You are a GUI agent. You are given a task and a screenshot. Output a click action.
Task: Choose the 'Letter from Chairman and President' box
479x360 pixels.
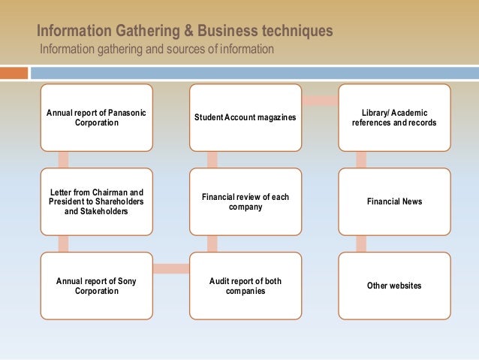(96, 201)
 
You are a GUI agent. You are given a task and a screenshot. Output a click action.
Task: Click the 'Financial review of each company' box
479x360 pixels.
(245, 201)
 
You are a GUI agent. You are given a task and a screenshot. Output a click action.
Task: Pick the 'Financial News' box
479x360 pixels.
(394, 201)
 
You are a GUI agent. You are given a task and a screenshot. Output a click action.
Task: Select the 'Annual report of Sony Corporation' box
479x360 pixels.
(96, 285)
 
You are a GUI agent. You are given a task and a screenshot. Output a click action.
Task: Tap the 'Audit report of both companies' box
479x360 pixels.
(245, 285)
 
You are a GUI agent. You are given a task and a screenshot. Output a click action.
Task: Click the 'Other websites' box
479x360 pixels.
(394, 285)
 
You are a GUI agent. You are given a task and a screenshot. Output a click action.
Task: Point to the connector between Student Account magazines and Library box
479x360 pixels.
(319, 100)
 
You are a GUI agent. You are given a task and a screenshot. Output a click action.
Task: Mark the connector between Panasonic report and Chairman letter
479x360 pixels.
(63, 159)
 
